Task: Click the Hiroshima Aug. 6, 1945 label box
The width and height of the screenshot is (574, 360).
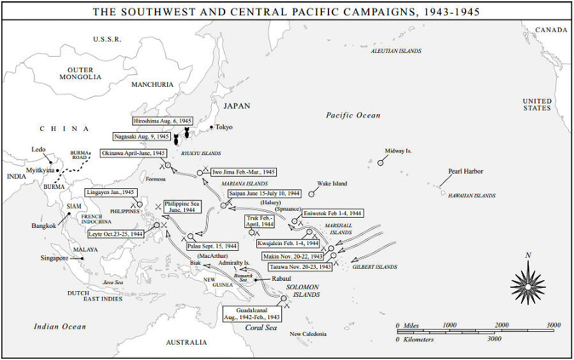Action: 163,121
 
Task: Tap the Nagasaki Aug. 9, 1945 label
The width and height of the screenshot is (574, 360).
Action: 142,137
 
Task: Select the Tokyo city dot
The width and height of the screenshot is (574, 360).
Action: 211,128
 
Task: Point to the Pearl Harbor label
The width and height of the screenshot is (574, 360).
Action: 466,171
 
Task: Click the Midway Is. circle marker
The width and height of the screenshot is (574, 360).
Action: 381,163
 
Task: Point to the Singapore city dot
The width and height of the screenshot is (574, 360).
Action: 82,259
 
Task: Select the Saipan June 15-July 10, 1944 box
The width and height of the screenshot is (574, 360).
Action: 264,193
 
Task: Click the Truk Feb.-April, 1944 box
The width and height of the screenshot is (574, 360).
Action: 261,221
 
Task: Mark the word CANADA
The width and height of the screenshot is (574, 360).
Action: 550,30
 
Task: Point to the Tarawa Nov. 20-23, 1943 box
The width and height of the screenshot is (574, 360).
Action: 300,267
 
